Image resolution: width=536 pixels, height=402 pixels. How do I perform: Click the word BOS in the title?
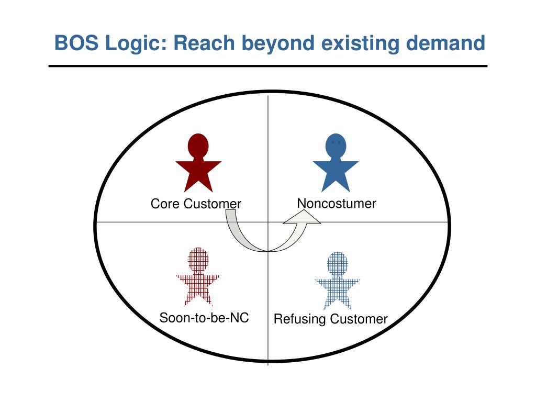click(76, 43)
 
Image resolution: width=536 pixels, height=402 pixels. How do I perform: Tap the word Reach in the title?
click(204, 43)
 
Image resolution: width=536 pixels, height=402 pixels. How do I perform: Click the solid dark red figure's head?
click(198, 146)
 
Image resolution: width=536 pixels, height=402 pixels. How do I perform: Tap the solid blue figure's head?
click(336, 146)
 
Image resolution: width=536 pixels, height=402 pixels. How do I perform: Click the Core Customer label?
click(196, 204)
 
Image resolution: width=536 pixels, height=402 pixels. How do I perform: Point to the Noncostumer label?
click(337, 204)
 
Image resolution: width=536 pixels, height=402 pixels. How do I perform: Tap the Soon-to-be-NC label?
click(204, 318)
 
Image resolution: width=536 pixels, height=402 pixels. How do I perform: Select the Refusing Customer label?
click(331, 319)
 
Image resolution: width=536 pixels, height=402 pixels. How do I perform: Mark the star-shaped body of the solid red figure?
click(198, 175)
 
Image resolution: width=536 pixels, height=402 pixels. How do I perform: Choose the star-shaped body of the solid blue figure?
click(336, 175)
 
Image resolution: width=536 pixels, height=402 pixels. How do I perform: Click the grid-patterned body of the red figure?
click(198, 288)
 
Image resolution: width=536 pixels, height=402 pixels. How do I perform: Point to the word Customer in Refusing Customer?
click(359, 319)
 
